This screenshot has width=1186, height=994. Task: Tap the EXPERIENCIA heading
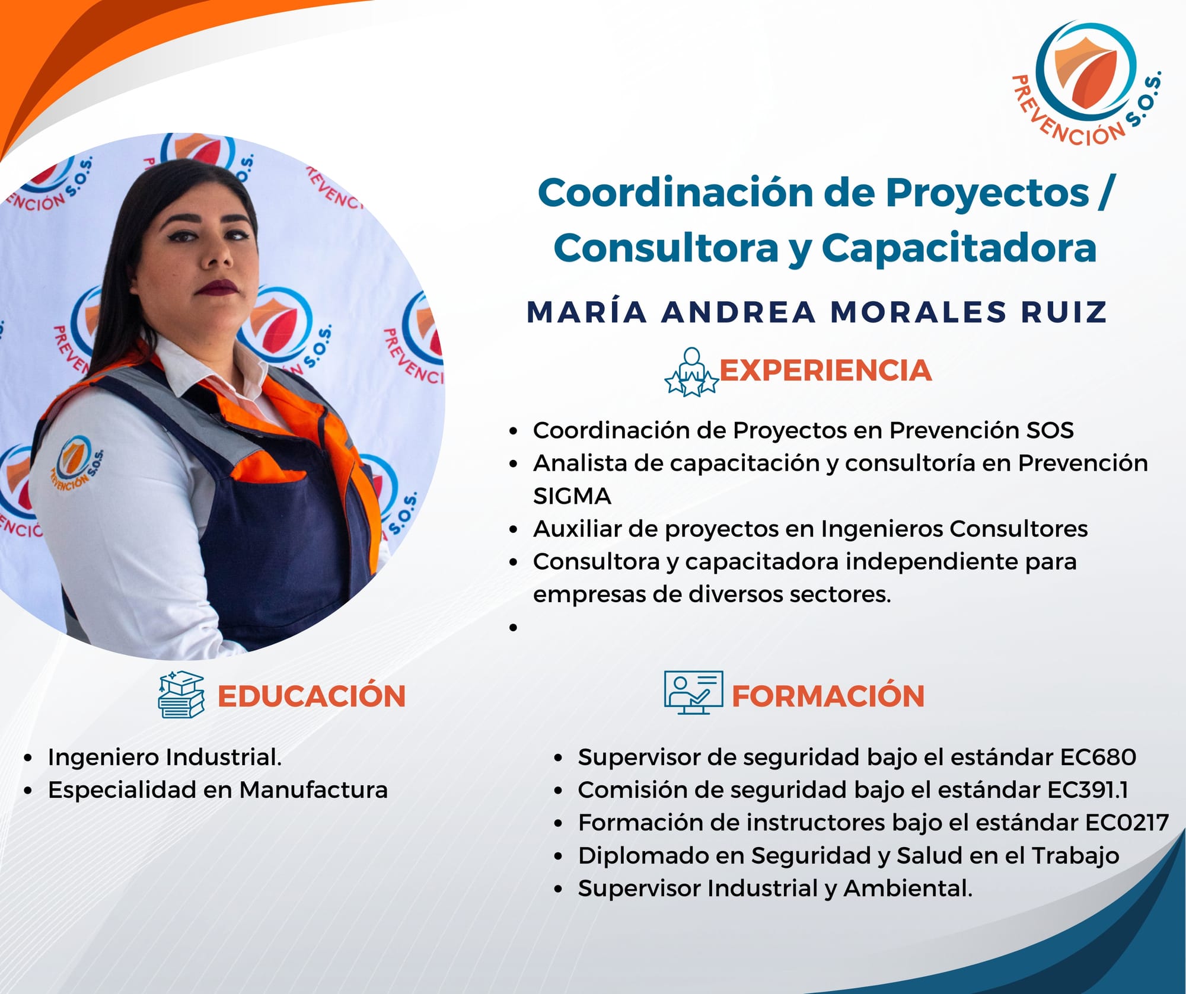point(825,370)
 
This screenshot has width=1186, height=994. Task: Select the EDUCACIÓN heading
point(311,696)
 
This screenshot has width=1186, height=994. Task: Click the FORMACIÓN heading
point(828,696)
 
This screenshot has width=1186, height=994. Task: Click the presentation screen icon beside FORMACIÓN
point(693,692)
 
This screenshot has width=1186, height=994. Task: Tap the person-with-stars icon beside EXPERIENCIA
point(691,372)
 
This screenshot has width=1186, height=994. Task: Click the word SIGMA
point(572,496)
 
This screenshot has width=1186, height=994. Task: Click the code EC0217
point(1127,823)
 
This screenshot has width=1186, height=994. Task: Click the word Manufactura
point(314,790)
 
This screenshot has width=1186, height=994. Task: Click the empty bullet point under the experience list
point(513,628)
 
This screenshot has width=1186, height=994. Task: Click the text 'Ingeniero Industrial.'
point(165,757)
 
